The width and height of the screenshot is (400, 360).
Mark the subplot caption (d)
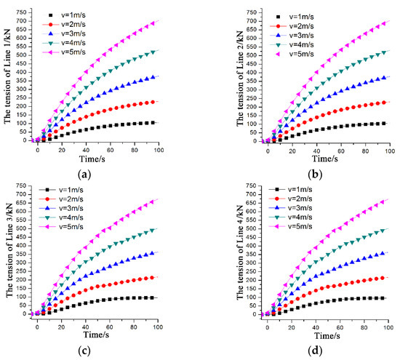pos(324,346)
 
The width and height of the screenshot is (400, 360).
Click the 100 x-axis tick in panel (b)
pos(388,149)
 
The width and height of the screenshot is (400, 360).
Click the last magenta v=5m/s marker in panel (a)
pos(153,23)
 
